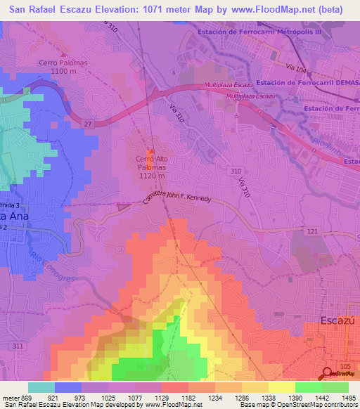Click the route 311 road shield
point(17,347)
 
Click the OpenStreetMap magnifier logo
point(328,374)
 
